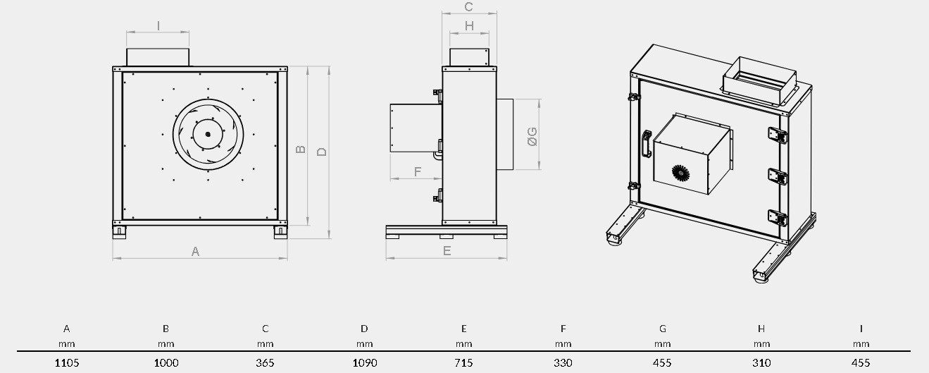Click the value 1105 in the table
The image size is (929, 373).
(x=67, y=362)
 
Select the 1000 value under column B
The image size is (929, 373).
(x=166, y=362)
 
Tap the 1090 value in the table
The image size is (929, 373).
(x=365, y=362)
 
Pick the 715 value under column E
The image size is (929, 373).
(x=463, y=362)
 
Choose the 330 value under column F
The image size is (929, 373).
(x=563, y=362)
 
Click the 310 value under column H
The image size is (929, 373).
(x=761, y=362)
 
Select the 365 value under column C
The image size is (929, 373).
(x=265, y=362)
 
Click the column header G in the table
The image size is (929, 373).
(x=662, y=329)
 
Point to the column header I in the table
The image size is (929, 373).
(x=861, y=329)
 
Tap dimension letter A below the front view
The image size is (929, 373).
(x=195, y=251)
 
